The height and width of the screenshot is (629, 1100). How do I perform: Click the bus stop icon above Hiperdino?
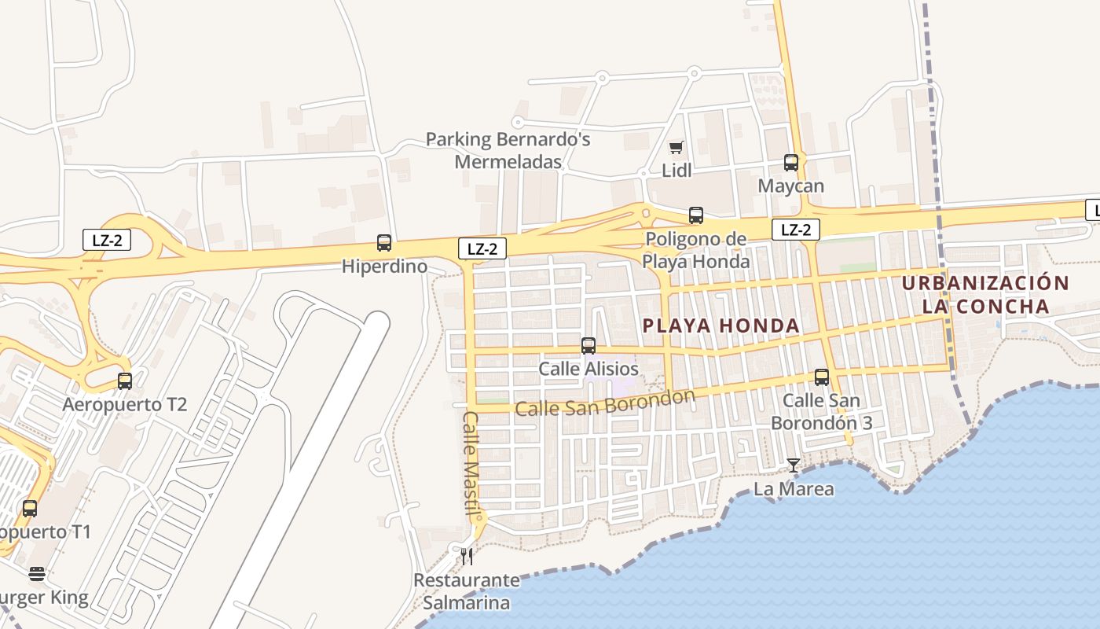384,243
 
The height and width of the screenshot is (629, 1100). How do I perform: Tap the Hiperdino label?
384,267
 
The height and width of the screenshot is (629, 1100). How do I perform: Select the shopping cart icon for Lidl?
676,147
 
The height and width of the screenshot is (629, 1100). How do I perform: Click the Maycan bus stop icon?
791,163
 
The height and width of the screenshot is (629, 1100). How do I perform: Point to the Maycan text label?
791,186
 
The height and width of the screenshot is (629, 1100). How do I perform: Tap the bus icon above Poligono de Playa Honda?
696,215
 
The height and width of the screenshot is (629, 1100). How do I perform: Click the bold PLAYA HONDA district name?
720,326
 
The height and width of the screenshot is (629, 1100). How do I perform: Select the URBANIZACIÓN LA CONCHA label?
985,295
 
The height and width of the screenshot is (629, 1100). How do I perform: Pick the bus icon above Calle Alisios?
588,345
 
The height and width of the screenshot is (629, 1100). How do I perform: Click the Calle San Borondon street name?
605,403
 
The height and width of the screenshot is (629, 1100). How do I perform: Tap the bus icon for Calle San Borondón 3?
822,377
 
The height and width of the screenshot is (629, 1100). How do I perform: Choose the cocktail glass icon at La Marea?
794,465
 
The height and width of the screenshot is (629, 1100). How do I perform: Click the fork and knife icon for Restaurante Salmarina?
467,557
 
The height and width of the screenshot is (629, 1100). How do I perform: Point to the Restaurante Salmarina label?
467,592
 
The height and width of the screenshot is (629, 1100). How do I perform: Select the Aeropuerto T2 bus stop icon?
125,381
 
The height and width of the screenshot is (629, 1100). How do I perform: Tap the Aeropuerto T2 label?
125,405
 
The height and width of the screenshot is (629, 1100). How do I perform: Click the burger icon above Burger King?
37,574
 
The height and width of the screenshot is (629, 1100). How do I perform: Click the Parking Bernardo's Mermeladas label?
508,151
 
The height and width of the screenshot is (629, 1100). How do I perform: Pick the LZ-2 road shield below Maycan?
796,230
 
